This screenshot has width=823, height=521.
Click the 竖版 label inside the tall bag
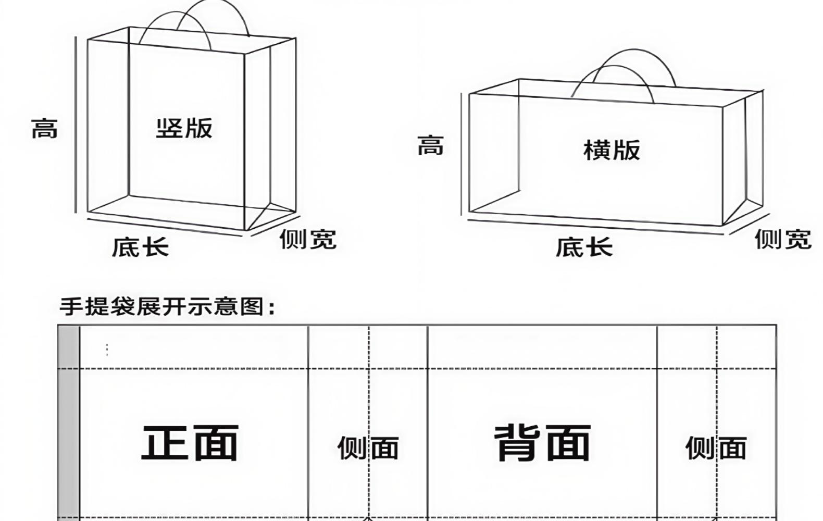(184, 128)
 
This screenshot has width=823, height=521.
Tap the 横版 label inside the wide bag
(612, 150)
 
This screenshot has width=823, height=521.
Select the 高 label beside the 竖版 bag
(44, 128)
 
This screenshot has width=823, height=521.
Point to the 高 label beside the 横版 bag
(430, 145)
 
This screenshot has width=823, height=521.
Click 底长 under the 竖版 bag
(140, 246)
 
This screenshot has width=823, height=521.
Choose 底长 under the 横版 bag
(584, 246)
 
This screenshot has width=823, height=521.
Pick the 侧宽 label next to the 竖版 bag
(308, 239)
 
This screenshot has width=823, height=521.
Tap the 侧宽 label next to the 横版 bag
(783, 239)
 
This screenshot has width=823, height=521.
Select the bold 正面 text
(190, 443)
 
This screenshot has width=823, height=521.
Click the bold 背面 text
(542, 443)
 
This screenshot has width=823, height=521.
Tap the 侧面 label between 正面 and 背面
(368, 448)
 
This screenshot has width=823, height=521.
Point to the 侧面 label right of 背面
(716, 448)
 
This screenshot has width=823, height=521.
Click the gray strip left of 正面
(68, 422)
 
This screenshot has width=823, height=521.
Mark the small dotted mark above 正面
(107, 350)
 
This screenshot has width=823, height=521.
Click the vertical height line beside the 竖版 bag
(76, 125)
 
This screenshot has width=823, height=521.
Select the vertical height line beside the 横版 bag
(462, 154)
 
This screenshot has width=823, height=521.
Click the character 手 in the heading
(70, 306)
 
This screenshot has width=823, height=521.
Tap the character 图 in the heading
(253, 306)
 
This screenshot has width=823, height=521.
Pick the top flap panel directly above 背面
(542, 347)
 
